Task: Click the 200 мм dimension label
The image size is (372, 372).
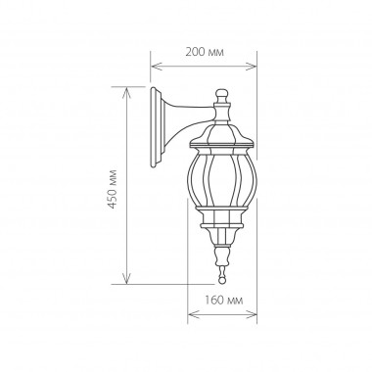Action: (x=205, y=52)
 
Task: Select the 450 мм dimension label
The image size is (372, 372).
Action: (x=113, y=189)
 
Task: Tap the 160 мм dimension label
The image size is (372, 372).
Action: (x=224, y=300)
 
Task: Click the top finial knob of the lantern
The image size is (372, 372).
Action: (x=221, y=96)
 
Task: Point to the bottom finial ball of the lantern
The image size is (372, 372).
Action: (x=222, y=281)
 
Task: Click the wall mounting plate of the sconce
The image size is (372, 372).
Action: (x=157, y=127)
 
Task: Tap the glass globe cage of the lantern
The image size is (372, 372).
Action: (x=222, y=178)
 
